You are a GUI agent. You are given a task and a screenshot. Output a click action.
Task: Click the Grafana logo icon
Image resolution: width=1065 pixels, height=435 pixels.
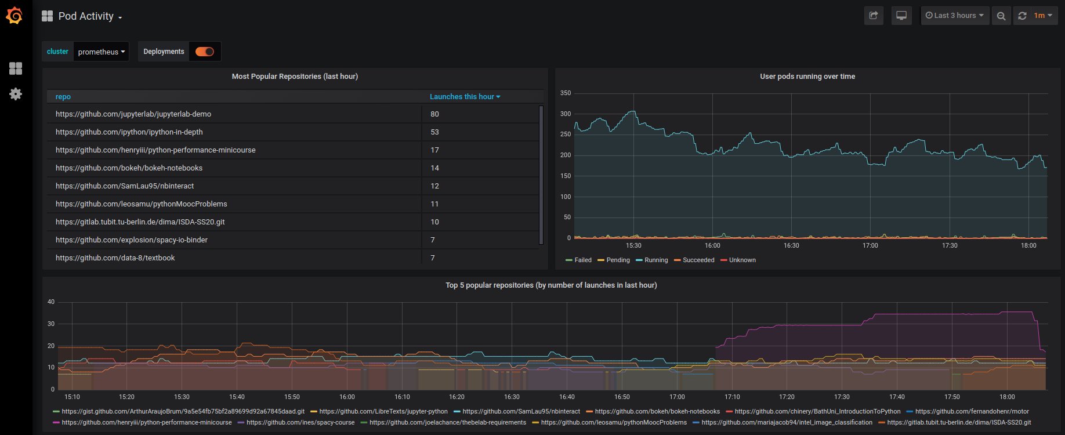pyautogui.click(x=15, y=16)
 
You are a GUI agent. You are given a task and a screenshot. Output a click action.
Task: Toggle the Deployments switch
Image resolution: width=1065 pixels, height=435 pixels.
pyautogui.click(x=205, y=52)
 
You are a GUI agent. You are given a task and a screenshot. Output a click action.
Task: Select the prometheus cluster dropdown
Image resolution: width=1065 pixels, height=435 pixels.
pyautogui.click(x=102, y=52)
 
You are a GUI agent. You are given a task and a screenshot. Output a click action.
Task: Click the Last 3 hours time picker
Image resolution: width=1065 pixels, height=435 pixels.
pyautogui.click(x=955, y=16)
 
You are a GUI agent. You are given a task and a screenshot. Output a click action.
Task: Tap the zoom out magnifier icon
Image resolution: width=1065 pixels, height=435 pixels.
pyautogui.click(x=1001, y=16)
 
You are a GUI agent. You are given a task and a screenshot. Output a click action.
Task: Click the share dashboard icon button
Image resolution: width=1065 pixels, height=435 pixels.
pyautogui.click(x=874, y=16)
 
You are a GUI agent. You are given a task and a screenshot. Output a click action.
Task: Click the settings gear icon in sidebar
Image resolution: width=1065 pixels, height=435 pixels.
pyautogui.click(x=16, y=94)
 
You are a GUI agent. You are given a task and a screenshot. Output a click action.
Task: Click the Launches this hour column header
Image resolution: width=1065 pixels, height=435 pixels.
pyautogui.click(x=465, y=97)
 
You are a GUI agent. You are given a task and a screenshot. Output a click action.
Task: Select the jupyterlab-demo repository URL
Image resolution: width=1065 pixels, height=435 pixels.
pyautogui.click(x=133, y=114)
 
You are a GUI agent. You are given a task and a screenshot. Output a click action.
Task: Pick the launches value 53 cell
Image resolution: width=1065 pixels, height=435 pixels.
pyautogui.click(x=434, y=132)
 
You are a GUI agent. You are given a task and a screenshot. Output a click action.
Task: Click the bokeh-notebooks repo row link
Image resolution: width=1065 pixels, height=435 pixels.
pyautogui.click(x=129, y=168)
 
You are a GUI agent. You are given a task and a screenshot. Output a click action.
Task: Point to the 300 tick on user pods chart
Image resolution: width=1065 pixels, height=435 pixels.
pyautogui.click(x=566, y=114)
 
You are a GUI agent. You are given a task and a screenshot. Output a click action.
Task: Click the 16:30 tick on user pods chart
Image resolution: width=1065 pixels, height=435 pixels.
pyautogui.click(x=791, y=246)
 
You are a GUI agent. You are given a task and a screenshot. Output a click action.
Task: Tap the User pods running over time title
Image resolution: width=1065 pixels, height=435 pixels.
pyautogui.click(x=807, y=77)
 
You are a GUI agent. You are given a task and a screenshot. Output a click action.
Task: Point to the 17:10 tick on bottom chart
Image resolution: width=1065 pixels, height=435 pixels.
pyautogui.click(x=732, y=397)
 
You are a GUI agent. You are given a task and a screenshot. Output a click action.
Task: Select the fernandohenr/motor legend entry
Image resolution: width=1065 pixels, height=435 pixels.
pyautogui.click(x=972, y=412)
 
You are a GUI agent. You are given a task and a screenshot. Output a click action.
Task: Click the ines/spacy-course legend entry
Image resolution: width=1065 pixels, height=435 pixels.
pyautogui.click(x=300, y=423)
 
